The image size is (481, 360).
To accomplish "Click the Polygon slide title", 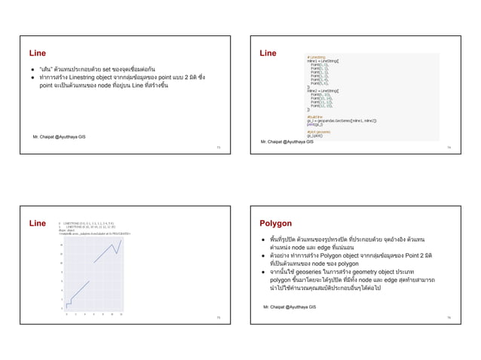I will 275,224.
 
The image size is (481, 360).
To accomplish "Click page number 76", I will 448,319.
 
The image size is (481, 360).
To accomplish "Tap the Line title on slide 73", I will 37,53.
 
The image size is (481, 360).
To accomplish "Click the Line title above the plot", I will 37,224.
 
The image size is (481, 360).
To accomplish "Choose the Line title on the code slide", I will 268,53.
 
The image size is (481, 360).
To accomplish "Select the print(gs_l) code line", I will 315,119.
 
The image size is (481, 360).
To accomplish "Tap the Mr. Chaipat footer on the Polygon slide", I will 289,307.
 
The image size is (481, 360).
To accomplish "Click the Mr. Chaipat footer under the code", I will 286,141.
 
